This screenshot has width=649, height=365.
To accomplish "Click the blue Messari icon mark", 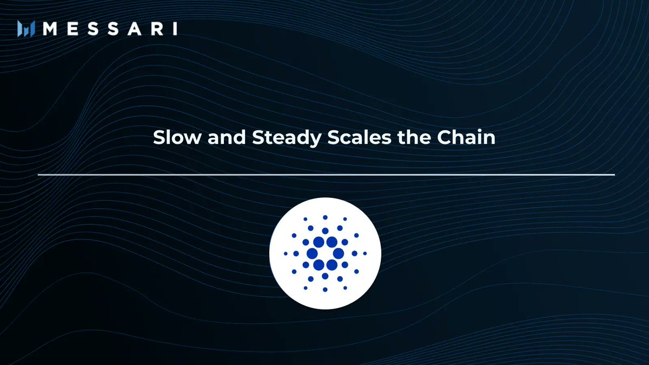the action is (x=26, y=29).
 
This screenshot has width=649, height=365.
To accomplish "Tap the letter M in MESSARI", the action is (x=50, y=29).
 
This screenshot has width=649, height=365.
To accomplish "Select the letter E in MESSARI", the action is (x=72, y=29).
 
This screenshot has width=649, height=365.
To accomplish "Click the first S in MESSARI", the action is (x=93, y=29).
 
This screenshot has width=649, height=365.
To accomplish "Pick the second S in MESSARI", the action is (x=113, y=29).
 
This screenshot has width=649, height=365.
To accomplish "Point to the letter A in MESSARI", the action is (x=135, y=29).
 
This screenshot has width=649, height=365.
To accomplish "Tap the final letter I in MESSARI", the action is (x=175, y=29).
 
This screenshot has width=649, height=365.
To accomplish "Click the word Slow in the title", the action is (x=177, y=137).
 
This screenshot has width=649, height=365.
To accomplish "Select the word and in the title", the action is (x=227, y=137).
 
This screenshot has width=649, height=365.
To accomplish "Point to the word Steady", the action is (x=287, y=138).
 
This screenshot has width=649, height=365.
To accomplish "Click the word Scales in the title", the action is (x=359, y=137).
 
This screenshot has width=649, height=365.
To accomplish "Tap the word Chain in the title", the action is (x=466, y=137).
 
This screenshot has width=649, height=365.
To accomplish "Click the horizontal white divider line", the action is (x=326, y=175).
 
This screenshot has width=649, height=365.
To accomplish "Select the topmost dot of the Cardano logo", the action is (x=325, y=217).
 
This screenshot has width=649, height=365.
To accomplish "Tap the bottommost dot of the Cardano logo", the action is (x=325, y=289).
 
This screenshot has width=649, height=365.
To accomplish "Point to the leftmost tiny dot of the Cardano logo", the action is (x=286, y=254).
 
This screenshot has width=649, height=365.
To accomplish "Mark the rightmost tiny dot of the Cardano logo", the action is (x=365, y=254).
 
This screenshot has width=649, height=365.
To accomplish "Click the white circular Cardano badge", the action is (x=325, y=254).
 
